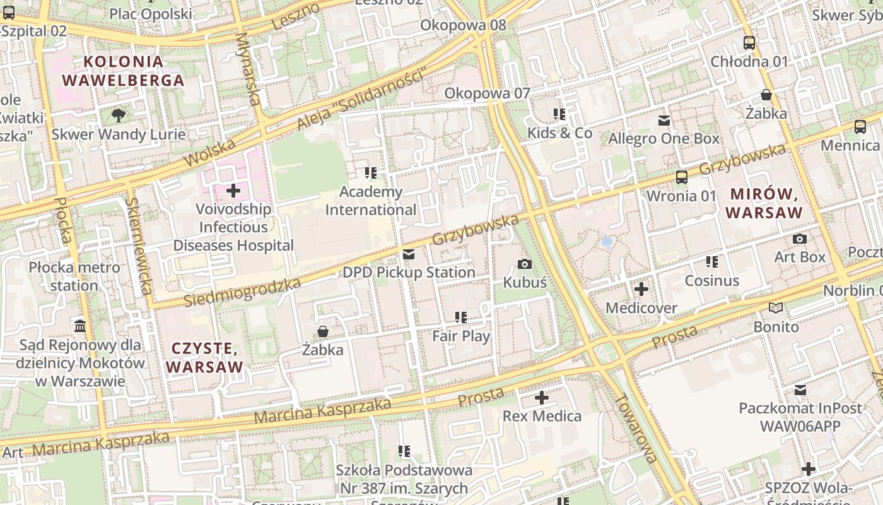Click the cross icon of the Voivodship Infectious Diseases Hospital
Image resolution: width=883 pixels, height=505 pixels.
pyautogui.click(x=233, y=190)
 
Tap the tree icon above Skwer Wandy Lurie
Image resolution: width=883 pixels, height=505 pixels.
pyautogui.click(x=118, y=115)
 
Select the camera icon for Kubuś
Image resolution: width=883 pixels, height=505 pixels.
pyautogui.click(x=524, y=264)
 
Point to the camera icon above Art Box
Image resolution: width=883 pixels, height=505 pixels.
pyautogui.click(x=799, y=239)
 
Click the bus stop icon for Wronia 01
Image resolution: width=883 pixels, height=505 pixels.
pyautogui.click(x=681, y=177)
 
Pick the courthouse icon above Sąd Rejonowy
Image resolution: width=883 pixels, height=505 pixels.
pyautogui.click(x=80, y=326)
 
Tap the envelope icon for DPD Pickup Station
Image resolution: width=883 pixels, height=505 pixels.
pyautogui.click(x=408, y=254)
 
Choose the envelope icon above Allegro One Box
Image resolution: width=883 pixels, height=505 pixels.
pyautogui.click(x=664, y=120)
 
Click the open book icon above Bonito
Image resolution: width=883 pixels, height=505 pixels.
pyautogui.click(x=776, y=308)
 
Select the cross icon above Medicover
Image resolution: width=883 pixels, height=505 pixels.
pyautogui.click(x=641, y=289)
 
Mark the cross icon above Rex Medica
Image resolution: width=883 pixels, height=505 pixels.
pyautogui.click(x=541, y=398)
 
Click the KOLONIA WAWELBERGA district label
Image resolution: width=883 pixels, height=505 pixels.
pyautogui.click(x=123, y=71)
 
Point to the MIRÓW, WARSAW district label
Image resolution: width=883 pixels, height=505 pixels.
pyautogui.click(x=764, y=203)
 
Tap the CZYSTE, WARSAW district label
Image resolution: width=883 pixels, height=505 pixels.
pyautogui.click(x=204, y=358)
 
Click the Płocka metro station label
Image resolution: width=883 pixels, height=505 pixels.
pyautogui.click(x=74, y=276)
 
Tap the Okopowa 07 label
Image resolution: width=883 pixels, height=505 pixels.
pyautogui.click(x=487, y=93)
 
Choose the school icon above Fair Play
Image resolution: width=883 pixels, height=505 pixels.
pyautogui.click(x=461, y=317)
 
